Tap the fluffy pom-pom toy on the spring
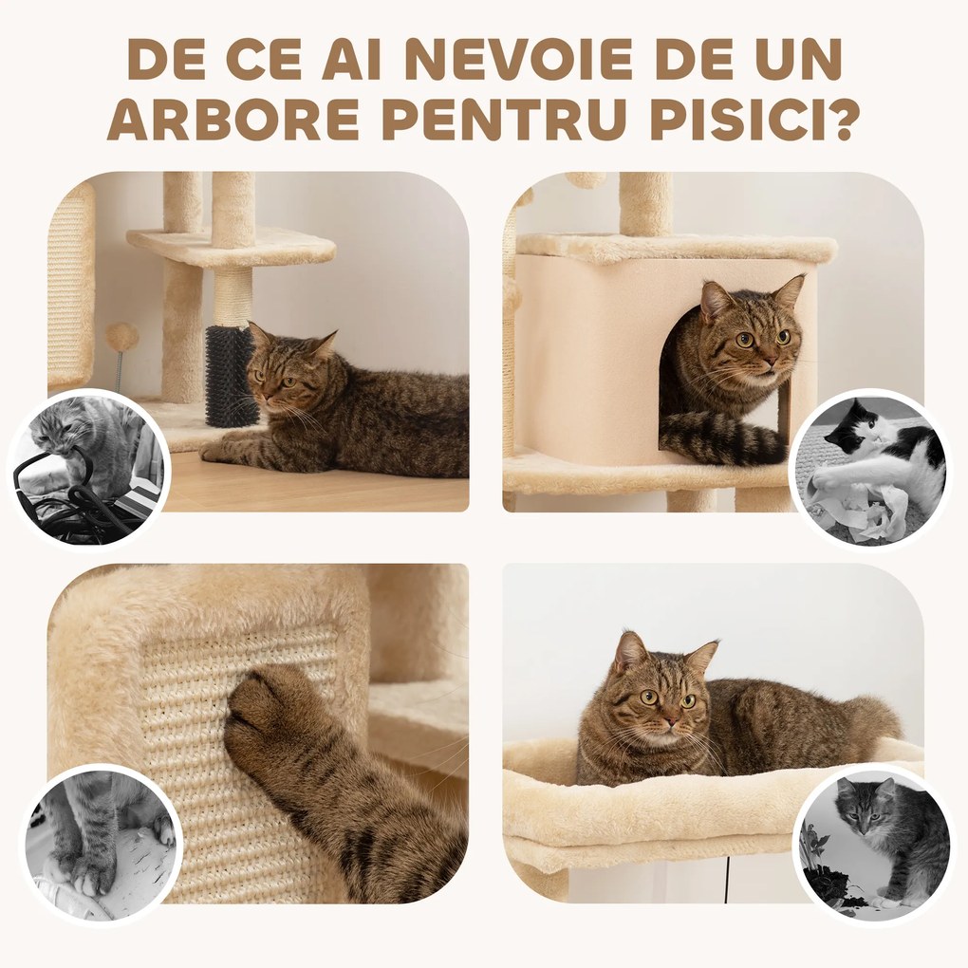tap(121, 337)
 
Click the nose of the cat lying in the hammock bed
tap(670, 719)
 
